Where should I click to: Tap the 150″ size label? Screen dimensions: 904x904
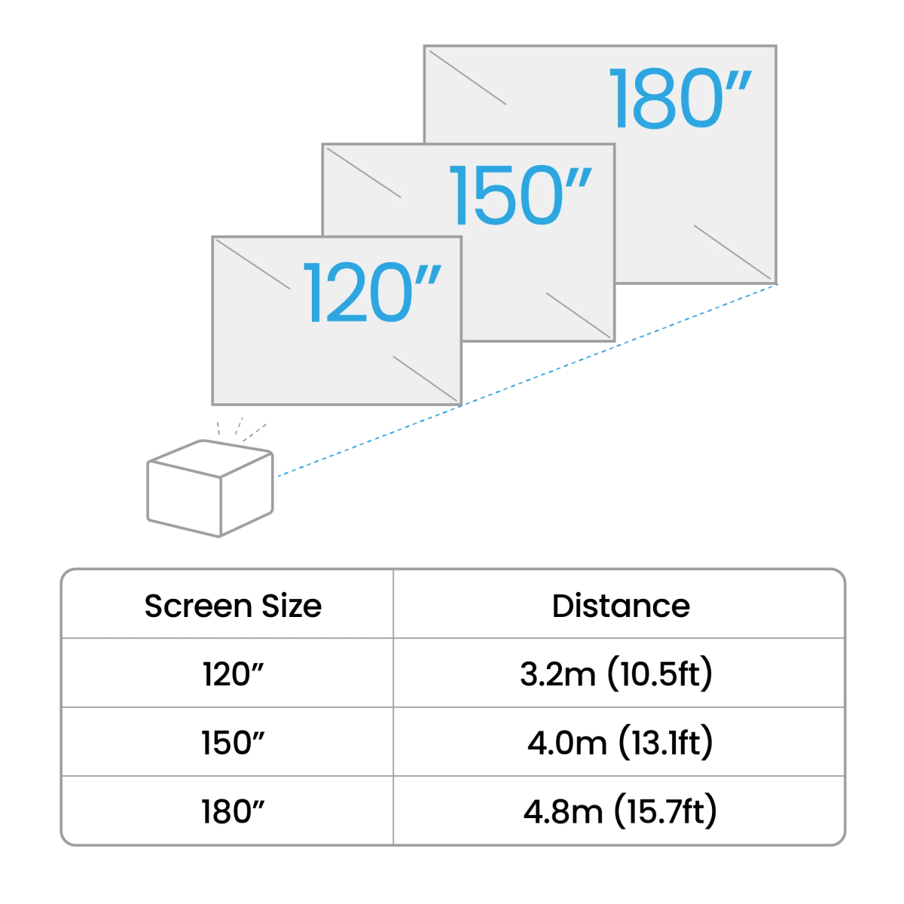521,197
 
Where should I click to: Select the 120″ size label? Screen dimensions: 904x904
371,293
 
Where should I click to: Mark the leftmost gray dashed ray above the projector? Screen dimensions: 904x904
218,429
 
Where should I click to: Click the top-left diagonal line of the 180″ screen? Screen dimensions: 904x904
466,75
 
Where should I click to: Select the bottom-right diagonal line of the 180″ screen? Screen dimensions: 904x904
734,252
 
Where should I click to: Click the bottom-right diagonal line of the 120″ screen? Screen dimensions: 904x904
426,379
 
